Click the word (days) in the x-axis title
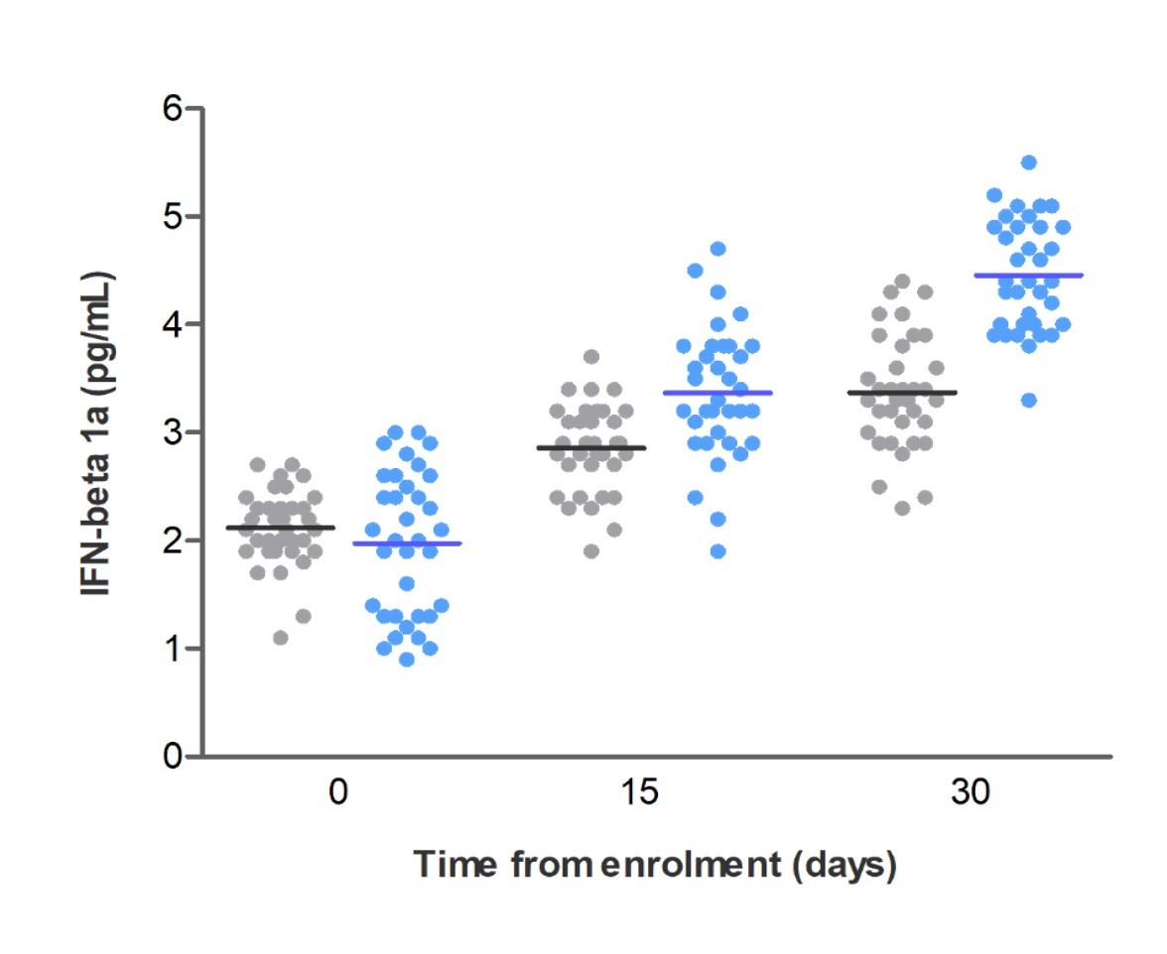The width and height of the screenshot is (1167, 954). (x=844, y=865)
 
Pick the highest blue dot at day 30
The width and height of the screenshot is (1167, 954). (x=1029, y=163)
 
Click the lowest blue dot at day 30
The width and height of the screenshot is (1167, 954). (x=1029, y=400)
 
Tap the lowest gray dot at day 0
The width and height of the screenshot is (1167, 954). (x=281, y=638)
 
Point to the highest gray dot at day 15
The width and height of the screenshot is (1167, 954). (x=591, y=357)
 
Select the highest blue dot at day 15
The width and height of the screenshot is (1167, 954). (x=718, y=249)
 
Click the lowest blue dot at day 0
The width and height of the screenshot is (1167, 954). (x=406, y=659)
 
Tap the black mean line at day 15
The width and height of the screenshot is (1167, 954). (x=591, y=447)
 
